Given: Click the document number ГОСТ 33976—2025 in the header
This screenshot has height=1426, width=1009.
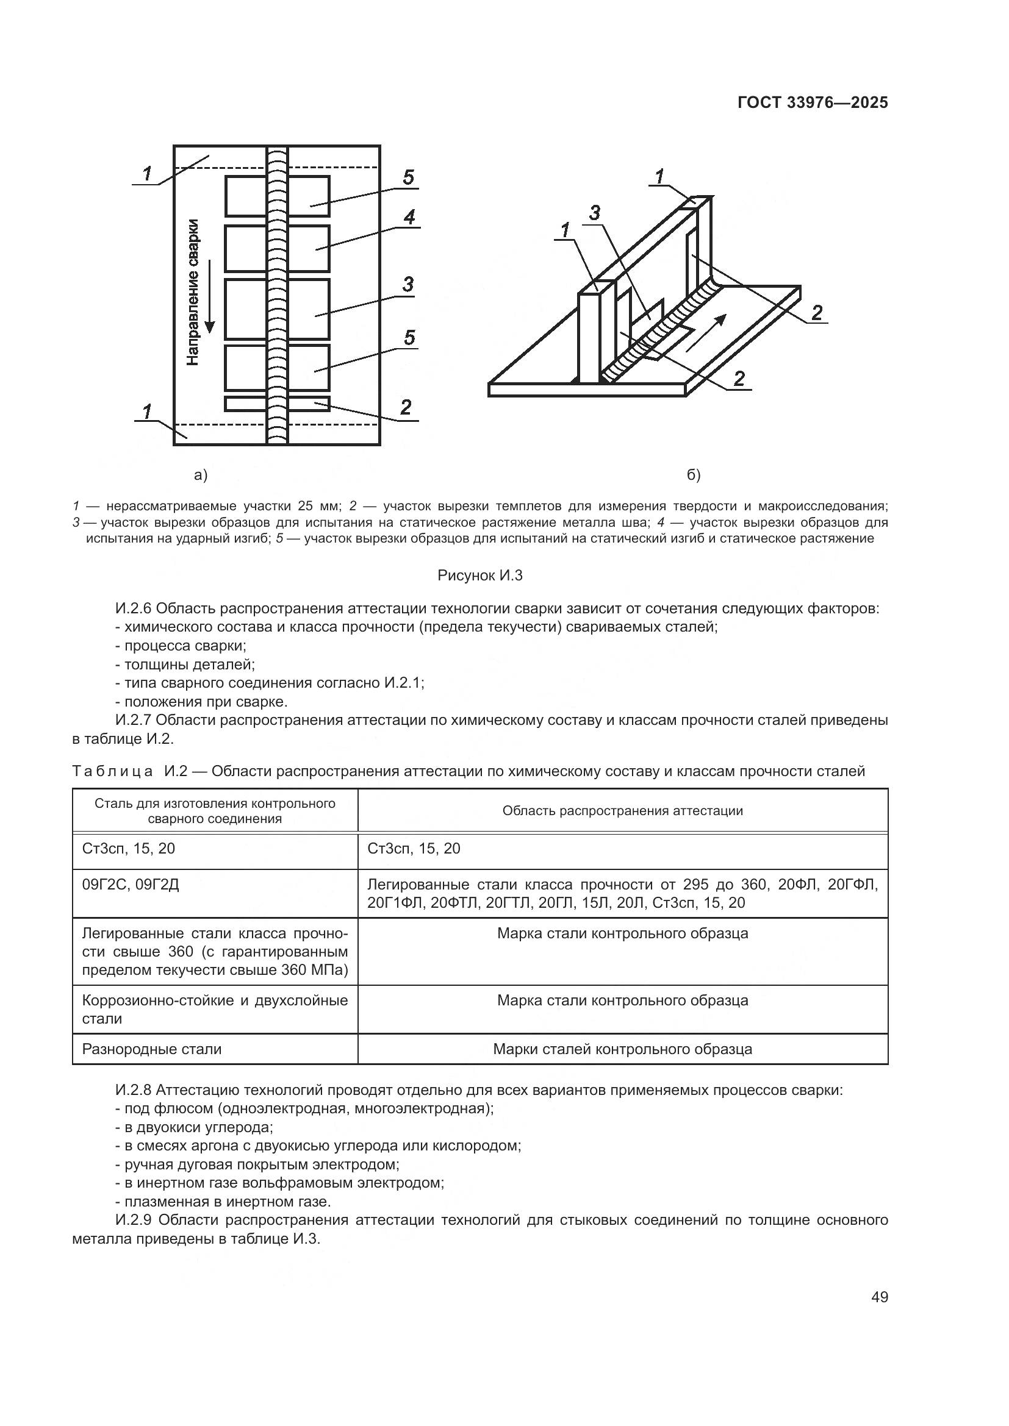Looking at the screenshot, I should [812, 103].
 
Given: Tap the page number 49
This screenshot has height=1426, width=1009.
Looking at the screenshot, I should [879, 1297].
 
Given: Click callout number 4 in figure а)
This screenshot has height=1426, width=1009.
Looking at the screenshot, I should [408, 218].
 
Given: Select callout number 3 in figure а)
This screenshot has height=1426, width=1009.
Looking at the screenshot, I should [408, 285].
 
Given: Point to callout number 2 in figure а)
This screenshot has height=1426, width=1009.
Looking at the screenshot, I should [406, 407].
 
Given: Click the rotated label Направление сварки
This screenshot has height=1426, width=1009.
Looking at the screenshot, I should [193, 292].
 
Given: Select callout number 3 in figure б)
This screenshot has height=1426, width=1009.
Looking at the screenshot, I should [595, 213].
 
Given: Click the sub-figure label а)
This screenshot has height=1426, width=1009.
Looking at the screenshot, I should [201, 475].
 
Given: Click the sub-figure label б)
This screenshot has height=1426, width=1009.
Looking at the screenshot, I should [694, 475].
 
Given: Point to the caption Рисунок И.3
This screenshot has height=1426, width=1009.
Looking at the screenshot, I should [479, 576].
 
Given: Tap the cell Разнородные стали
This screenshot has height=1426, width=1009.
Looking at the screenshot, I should [152, 1049].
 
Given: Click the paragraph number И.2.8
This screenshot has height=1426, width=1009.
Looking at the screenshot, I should [134, 1090].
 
